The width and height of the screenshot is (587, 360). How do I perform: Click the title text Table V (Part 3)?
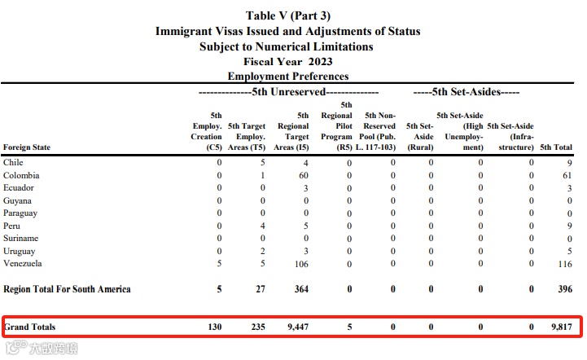[288, 16]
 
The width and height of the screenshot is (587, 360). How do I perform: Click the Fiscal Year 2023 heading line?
[288, 61]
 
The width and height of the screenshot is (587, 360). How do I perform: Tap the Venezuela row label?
[23, 264]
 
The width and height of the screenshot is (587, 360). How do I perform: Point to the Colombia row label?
[21, 175]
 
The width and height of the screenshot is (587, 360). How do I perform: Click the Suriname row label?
[21, 238]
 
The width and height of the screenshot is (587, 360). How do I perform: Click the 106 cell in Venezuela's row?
[302, 264]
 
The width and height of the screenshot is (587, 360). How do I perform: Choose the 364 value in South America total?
[300, 289]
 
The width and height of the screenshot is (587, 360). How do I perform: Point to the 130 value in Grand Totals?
[213, 327]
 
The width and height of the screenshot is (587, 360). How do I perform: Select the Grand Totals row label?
[30, 327]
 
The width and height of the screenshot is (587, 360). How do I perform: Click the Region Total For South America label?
[67, 289]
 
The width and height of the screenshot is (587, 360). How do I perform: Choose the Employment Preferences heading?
[288, 76]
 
